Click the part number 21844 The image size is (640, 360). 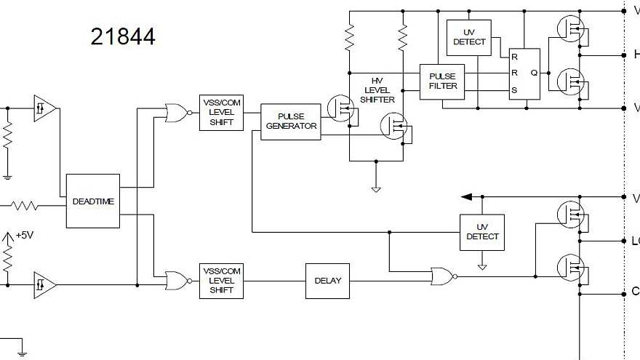coord(123,36)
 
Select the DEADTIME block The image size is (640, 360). coord(93,201)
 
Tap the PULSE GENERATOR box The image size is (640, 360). coord(290,121)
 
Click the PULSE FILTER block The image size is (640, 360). coord(443,81)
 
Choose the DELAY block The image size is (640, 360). coord(327,281)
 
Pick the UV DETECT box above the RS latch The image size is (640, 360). coord(469,37)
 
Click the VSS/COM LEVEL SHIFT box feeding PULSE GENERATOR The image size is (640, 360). coord(221,113)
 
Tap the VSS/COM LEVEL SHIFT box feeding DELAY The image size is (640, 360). coord(221,281)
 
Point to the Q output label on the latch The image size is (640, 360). coord(534,73)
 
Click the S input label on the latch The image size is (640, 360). coord(514,90)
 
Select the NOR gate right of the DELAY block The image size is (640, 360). coord(441,276)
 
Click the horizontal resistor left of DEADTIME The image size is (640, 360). coord(25,207)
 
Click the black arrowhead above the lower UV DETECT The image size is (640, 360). coord(466,196)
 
